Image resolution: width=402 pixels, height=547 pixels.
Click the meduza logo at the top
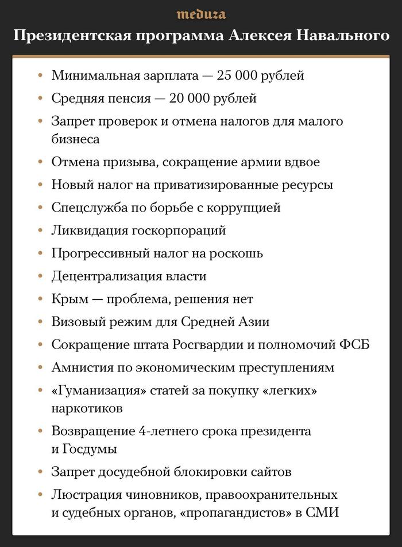pyautogui.click(x=201, y=14)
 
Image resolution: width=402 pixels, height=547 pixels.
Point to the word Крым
pyautogui.click(x=67, y=299)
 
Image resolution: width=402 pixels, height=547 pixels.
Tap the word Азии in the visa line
pyautogui.click(x=254, y=322)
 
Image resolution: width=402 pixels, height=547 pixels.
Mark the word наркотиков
pyautogui.click(x=87, y=408)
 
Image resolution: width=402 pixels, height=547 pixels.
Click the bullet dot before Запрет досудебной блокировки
pyautogui.click(x=40, y=472)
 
